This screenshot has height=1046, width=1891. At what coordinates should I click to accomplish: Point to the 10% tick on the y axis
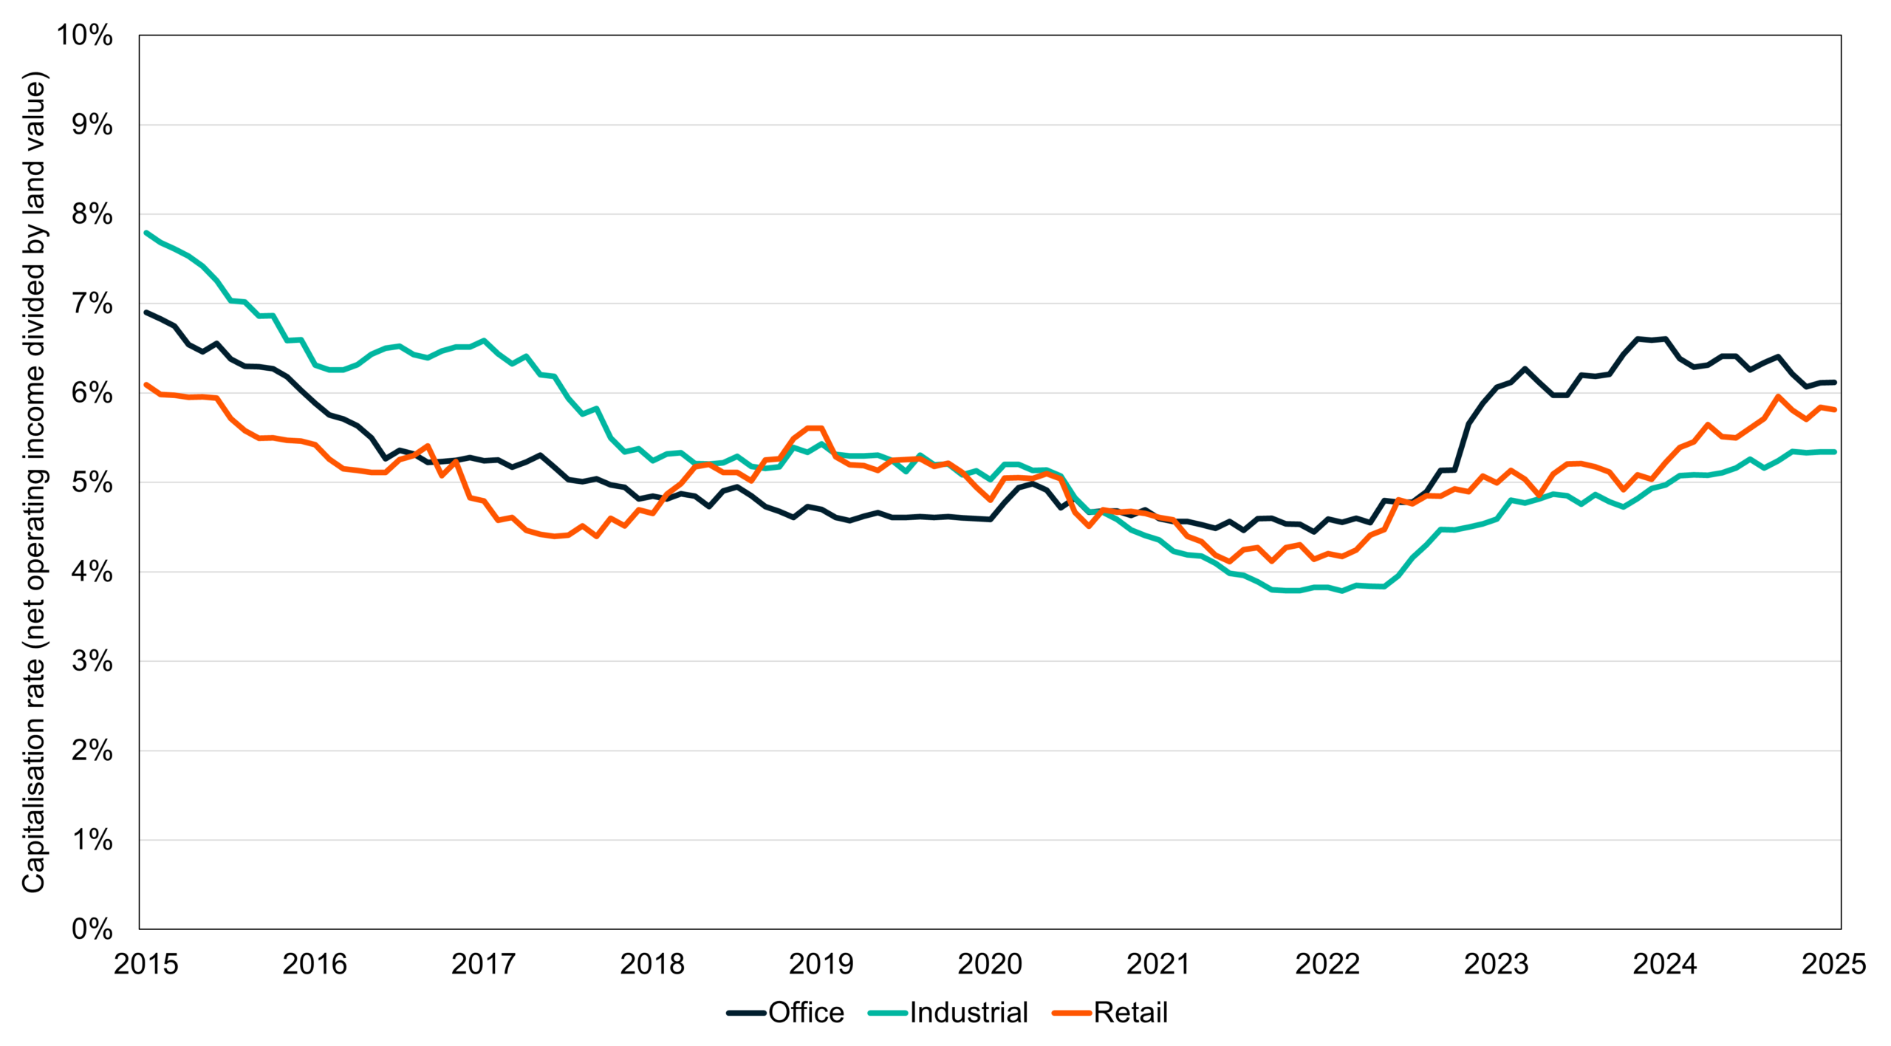click(x=85, y=35)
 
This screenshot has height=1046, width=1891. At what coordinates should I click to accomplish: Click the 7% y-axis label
click(x=92, y=304)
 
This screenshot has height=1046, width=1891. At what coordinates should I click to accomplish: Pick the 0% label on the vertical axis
click(x=92, y=929)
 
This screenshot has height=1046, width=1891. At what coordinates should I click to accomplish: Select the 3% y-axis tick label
click(x=92, y=661)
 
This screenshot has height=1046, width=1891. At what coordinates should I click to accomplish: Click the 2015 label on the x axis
click(x=146, y=964)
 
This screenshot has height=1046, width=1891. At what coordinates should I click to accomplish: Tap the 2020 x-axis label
click(x=990, y=964)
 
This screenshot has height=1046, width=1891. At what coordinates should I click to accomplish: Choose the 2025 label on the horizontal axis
click(x=1833, y=964)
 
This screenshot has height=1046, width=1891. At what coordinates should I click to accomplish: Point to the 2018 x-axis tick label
click(x=652, y=964)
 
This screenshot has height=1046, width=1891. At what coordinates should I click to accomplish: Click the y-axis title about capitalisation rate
click(x=34, y=482)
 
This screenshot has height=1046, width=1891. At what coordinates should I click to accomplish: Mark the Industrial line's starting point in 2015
click(x=146, y=233)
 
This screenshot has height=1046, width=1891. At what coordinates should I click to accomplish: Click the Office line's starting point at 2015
click(x=146, y=312)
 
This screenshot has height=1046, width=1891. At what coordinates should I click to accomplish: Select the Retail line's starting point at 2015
click(x=146, y=384)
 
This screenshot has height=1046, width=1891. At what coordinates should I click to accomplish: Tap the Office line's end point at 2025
click(x=1835, y=382)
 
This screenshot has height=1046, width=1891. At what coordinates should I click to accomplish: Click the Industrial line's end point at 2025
click(x=1835, y=451)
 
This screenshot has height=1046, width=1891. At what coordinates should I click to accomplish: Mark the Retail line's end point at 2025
click(x=1835, y=409)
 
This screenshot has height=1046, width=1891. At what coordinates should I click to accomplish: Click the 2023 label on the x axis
click(x=1496, y=964)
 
